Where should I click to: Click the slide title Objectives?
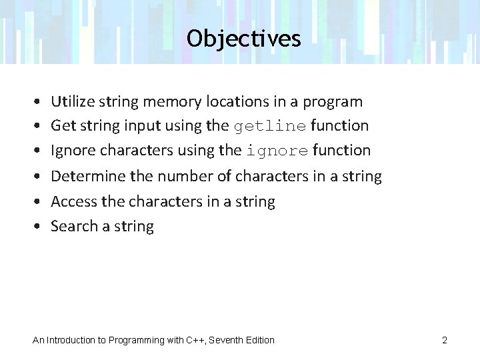point(244,39)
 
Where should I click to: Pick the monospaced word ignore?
point(277,151)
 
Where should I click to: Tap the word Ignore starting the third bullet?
point(72,151)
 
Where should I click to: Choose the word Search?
point(73,226)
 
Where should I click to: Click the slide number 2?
point(444,340)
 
